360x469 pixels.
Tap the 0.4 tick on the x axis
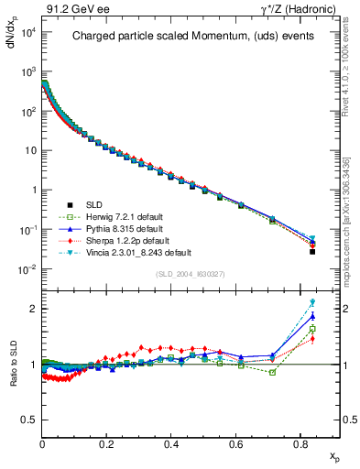(x=171, y=444)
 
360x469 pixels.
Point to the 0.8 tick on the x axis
(x=300, y=444)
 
